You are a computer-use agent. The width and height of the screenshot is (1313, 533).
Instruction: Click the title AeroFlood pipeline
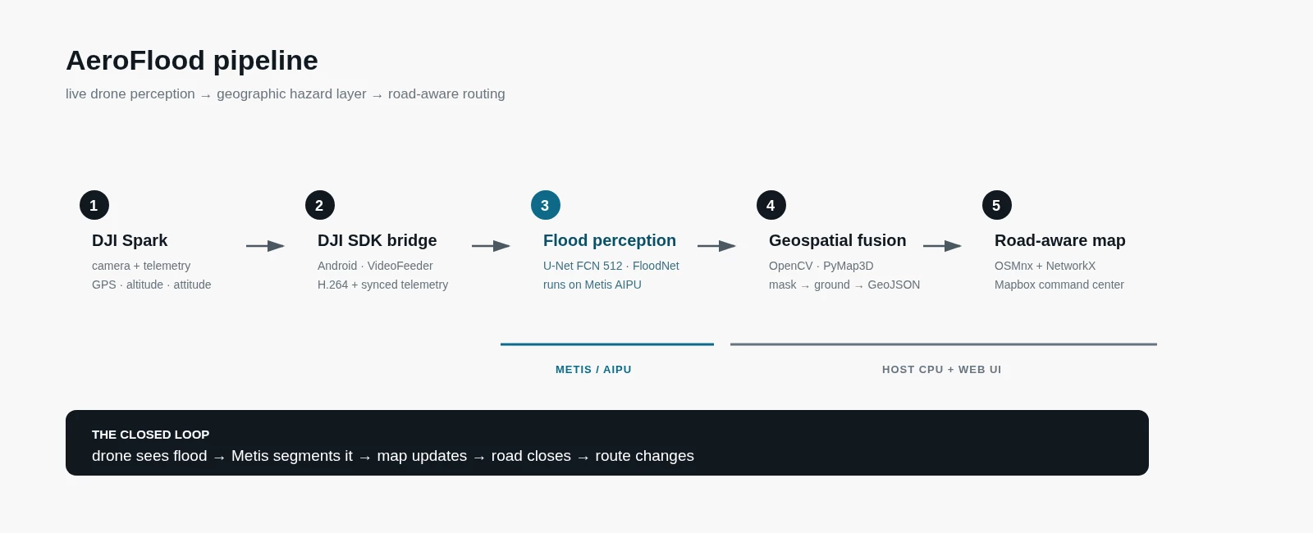(192, 61)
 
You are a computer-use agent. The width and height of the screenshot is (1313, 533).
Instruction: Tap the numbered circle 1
(94, 205)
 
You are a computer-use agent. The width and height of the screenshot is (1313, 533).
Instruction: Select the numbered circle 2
(320, 205)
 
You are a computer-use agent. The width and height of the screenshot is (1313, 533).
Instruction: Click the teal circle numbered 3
(546, 205)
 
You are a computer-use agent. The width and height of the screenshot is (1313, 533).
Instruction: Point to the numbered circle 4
(771, 205)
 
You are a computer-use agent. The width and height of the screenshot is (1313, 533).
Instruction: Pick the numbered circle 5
(997, 205)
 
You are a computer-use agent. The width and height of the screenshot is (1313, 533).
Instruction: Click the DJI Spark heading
(130, 241)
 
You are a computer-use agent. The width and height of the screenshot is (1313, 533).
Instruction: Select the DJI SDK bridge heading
(377, 241)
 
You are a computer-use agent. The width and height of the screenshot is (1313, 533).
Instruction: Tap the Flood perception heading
(610, 241)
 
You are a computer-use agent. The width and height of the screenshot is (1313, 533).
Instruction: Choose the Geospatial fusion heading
(838, 241)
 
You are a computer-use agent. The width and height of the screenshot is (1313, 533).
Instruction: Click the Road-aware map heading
(1059, 241)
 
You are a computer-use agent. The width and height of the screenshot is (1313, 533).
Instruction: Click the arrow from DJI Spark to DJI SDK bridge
(266, 246)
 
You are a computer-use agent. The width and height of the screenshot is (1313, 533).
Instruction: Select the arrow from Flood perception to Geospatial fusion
(717, 246)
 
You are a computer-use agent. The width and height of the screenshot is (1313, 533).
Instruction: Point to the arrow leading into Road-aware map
(943, 246)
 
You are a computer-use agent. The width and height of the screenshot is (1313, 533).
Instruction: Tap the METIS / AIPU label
(593, 370)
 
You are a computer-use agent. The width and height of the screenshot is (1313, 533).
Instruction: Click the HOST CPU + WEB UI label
(942, 370)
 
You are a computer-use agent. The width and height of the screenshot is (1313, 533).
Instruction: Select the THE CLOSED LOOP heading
(151, 435)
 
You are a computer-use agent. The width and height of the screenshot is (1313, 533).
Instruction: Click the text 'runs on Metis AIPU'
(592, 285)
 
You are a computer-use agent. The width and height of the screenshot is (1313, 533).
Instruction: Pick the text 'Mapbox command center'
(1059, 285)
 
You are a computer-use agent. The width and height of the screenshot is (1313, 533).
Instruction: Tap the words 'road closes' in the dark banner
(531, 456)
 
